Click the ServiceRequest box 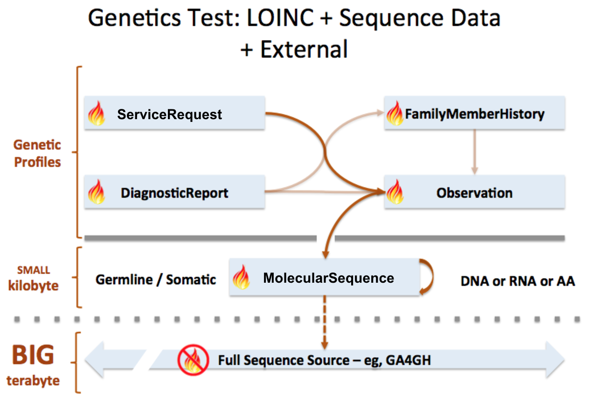click(174, 114)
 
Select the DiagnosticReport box click(174, 192)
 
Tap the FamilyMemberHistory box click(474, 114)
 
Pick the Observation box click(474, 192)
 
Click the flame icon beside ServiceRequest click(97, 114)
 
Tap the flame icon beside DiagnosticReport click(97, 192)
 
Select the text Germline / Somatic click(156, 279)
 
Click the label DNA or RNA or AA click(518, 281)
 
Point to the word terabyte click(34, 380)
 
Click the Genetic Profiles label click(37, 153)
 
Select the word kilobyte click(34, 286)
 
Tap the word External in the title click(304, 49)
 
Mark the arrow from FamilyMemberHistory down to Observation click(474, 152)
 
